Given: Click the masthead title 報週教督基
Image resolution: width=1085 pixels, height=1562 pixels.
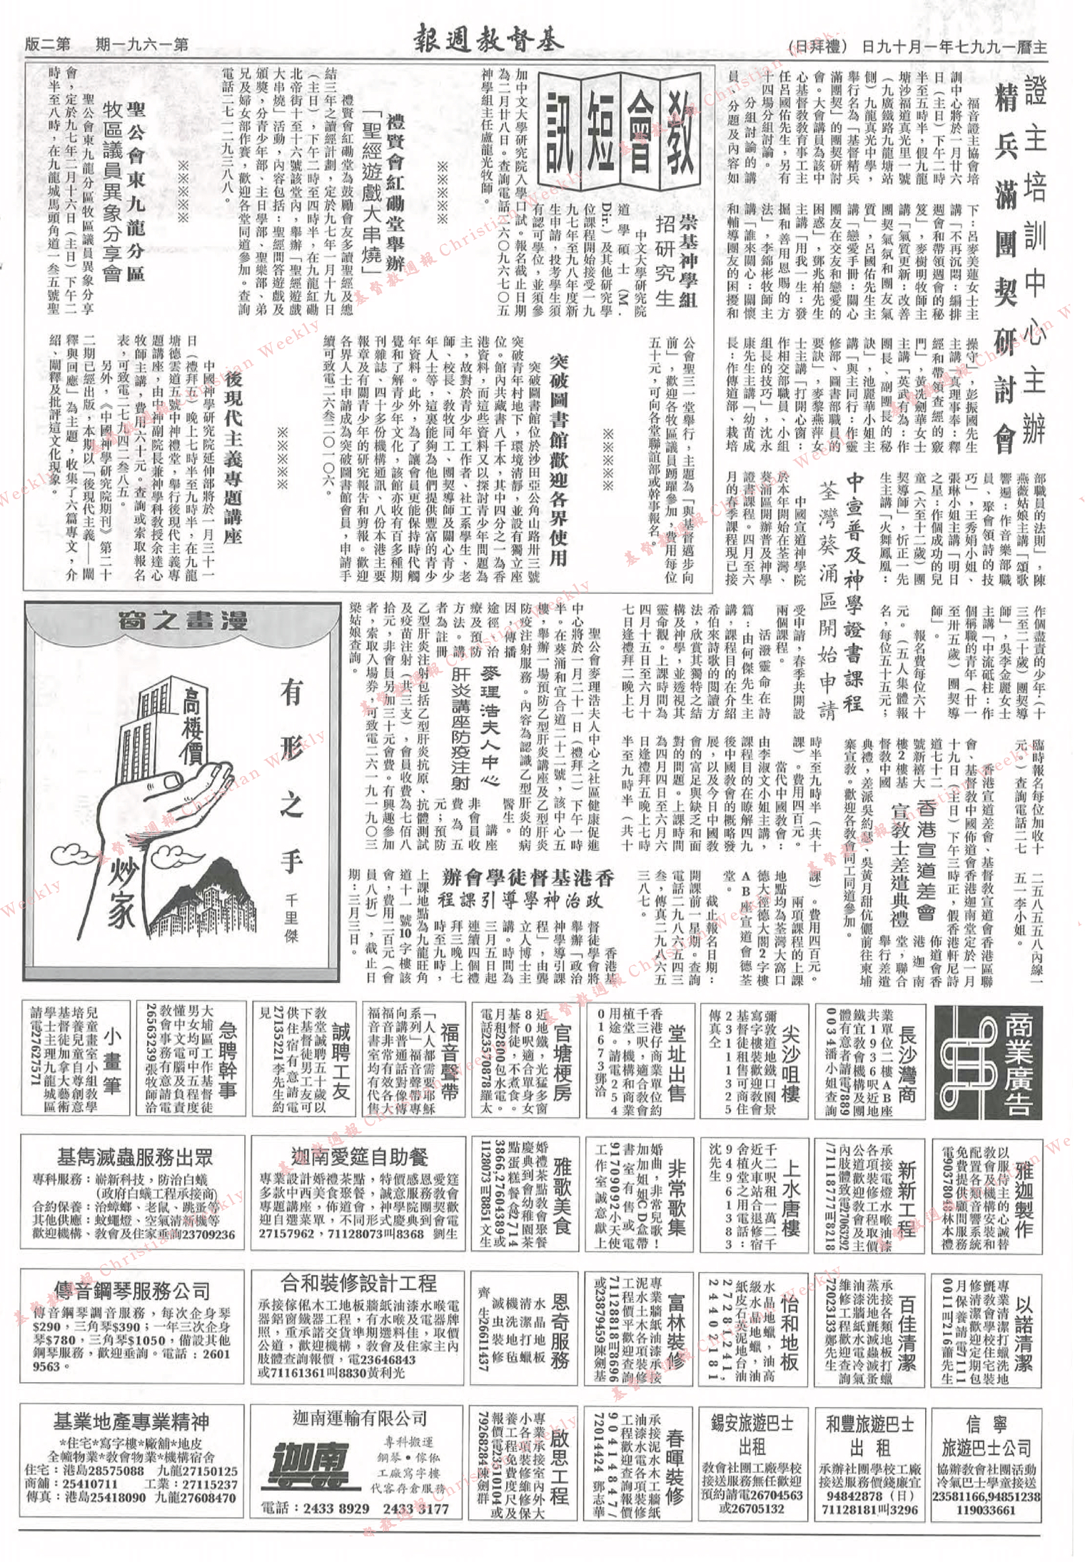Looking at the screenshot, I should click(x=488, y=42).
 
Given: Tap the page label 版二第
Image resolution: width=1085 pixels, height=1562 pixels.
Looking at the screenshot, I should click(x=47, y=44).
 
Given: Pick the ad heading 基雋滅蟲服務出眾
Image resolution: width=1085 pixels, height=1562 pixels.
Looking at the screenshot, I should click(x=135, y=1158).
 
